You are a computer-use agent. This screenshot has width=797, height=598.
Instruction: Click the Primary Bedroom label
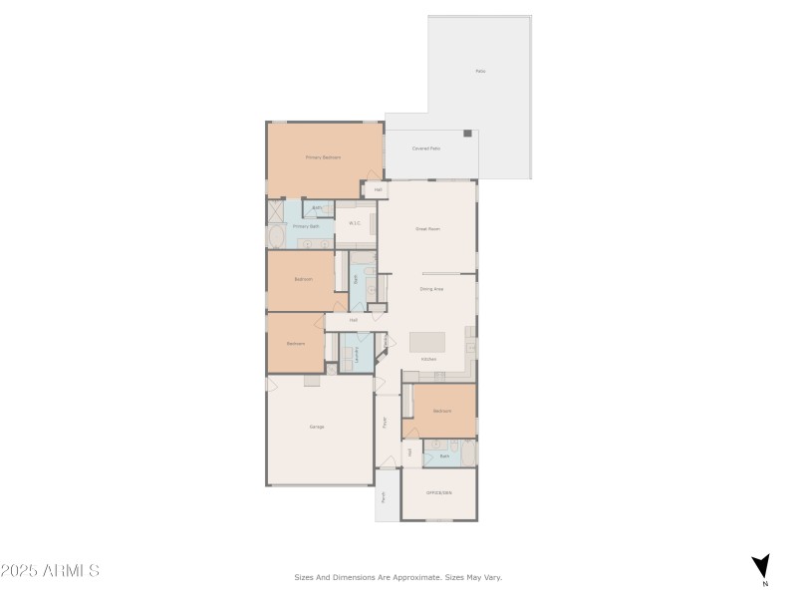click(x=323, y=157)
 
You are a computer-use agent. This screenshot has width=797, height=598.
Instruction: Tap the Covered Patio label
click(x=426, y=149)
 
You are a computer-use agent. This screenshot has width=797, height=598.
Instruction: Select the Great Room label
click(x=427, y=229)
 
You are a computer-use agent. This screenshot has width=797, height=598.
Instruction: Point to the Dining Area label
click(x=431, y=289)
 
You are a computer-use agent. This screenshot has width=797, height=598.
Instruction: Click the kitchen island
click(x=431, y=342)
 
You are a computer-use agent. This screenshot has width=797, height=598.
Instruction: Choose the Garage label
click(x=317, y=427)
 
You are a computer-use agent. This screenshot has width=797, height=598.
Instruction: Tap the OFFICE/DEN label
click(x=439, y=493)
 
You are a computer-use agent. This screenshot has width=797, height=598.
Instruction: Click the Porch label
click(x=384, y=495)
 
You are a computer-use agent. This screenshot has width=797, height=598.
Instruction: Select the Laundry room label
click(x=356, y=354)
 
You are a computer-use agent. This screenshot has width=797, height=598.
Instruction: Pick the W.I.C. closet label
click(x=354, y=223)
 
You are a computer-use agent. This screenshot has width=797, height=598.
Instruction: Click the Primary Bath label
click(x=307, y=226)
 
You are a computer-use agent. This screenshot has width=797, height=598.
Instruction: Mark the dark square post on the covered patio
click(x=467, y=134)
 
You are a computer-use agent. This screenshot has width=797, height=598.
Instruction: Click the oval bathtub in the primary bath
click(x=275, y=237)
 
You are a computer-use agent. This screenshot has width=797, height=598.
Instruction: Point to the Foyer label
click(x=386, y=422)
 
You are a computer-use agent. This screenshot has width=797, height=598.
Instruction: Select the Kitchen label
click(x=428, y=359)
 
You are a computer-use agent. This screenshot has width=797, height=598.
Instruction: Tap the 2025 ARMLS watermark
click(x=50, y=571)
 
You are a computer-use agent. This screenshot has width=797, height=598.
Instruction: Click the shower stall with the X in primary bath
click(x=275, y=210)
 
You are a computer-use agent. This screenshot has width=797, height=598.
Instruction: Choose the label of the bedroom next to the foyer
click(x=442, y=411)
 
